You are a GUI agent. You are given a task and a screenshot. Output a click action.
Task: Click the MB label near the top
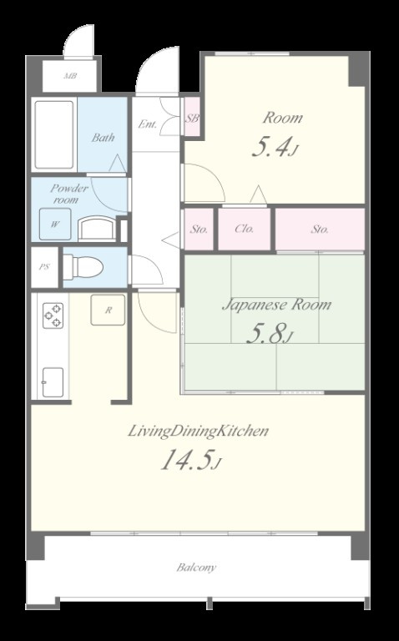click(70, 76)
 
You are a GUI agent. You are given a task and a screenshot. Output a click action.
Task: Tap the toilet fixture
click(83, 267)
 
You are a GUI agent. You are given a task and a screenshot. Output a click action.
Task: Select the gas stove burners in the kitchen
click(53, 315)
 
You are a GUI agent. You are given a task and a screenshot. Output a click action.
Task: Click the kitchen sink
click(53, 382)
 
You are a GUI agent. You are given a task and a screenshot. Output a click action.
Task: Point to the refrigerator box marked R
click(108, 310)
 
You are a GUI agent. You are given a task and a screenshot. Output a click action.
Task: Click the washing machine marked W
click(55, 224)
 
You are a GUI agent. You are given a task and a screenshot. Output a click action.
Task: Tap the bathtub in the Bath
click(54, 135)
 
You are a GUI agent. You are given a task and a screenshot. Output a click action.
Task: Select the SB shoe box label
click(192, 119)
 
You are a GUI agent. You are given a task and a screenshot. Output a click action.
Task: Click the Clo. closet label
click(245, 229)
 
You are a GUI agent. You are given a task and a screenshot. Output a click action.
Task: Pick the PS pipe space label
click(44, 267)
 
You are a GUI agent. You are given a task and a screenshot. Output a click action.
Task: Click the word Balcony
click(196, 568)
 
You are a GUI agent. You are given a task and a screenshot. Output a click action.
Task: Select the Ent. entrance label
click(148, 124)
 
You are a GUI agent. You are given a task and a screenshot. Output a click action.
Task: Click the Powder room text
click(68, 194)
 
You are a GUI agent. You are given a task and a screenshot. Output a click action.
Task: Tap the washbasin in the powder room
click(96, 228)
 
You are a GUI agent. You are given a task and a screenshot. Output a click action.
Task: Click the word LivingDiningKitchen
click(199, 432)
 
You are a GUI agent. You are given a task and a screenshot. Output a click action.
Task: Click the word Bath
click(103, 138)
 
